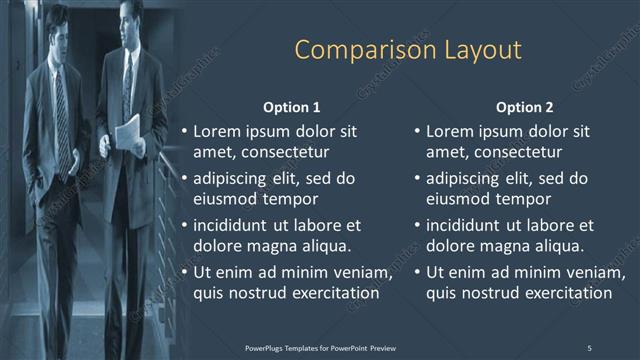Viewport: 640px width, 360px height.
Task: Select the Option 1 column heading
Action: pyautogui.click(x=292, y=107)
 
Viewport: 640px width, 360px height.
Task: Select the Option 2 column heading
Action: pyautogui.click(x=524, y=107)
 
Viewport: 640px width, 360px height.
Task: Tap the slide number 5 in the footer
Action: pyautogui.click(x=589, y=347)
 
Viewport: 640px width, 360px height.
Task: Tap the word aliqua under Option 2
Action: pyautogui.click(x=556, y=245)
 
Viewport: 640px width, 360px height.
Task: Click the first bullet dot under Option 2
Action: pyautogui.click(x=417, y=131)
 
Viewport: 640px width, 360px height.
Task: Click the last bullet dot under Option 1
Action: pyautogui.click(x=184, y=273)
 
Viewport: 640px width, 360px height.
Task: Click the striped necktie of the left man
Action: pyautogui.click(x=62, y=115)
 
